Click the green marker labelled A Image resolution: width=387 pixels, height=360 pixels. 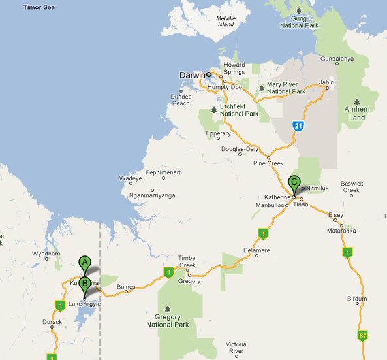[x=84, y=263]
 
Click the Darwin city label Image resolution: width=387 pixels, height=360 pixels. [x=191, y=75]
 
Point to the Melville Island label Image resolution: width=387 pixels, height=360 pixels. [x=225, y=22]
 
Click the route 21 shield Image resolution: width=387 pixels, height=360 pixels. [x=298, y=125]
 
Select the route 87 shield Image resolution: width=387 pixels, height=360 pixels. [x=363, y=335]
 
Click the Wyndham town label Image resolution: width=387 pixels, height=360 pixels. [x=46, y=254]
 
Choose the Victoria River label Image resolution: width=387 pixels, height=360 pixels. [x=236, y=348]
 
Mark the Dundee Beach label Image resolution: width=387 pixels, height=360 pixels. [x=180, y=100]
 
